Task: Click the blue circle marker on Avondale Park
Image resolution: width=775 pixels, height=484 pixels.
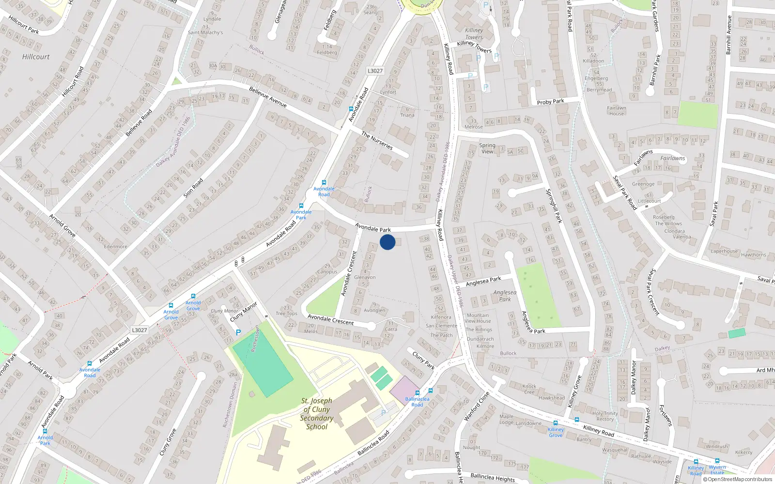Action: click(x=387, y=242)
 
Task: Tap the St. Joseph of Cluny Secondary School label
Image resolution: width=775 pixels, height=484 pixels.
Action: click(x=317, y=414)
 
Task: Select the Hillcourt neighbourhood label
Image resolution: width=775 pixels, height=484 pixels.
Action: click(x=36, y=57)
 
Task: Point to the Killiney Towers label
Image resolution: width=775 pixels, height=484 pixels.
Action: click(x=474, y=33)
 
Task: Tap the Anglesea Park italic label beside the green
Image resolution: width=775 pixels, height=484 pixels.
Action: click(x=505, y=296)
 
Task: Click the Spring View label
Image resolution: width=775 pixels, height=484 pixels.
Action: click(x=487, y=148)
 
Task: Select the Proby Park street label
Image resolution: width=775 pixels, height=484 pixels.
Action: click(x=550, y=102)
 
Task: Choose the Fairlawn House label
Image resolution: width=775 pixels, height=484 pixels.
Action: click(x=617, y=111)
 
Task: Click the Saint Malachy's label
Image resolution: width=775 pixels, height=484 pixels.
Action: click(x=205, y=32)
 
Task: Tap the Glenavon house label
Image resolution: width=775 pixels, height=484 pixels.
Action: click(x=365, y=277)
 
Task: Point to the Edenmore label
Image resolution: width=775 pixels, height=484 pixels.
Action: click(x=116, y=246)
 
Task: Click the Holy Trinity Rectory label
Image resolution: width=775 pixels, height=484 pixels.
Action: click(x=605, y=416)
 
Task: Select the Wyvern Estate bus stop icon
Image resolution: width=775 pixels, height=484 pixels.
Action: click(x=717, y=461)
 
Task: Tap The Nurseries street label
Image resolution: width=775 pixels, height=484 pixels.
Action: click(x=377, y=140)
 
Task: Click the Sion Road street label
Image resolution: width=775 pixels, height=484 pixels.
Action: click(x=193, y=188)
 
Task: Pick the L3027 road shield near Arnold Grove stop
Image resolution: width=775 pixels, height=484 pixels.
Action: click(x=139, y=330)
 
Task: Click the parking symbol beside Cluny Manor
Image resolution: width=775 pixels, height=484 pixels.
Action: click(x=238, y=333)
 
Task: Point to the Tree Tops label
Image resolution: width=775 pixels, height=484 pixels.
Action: click(x=287, y=313)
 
